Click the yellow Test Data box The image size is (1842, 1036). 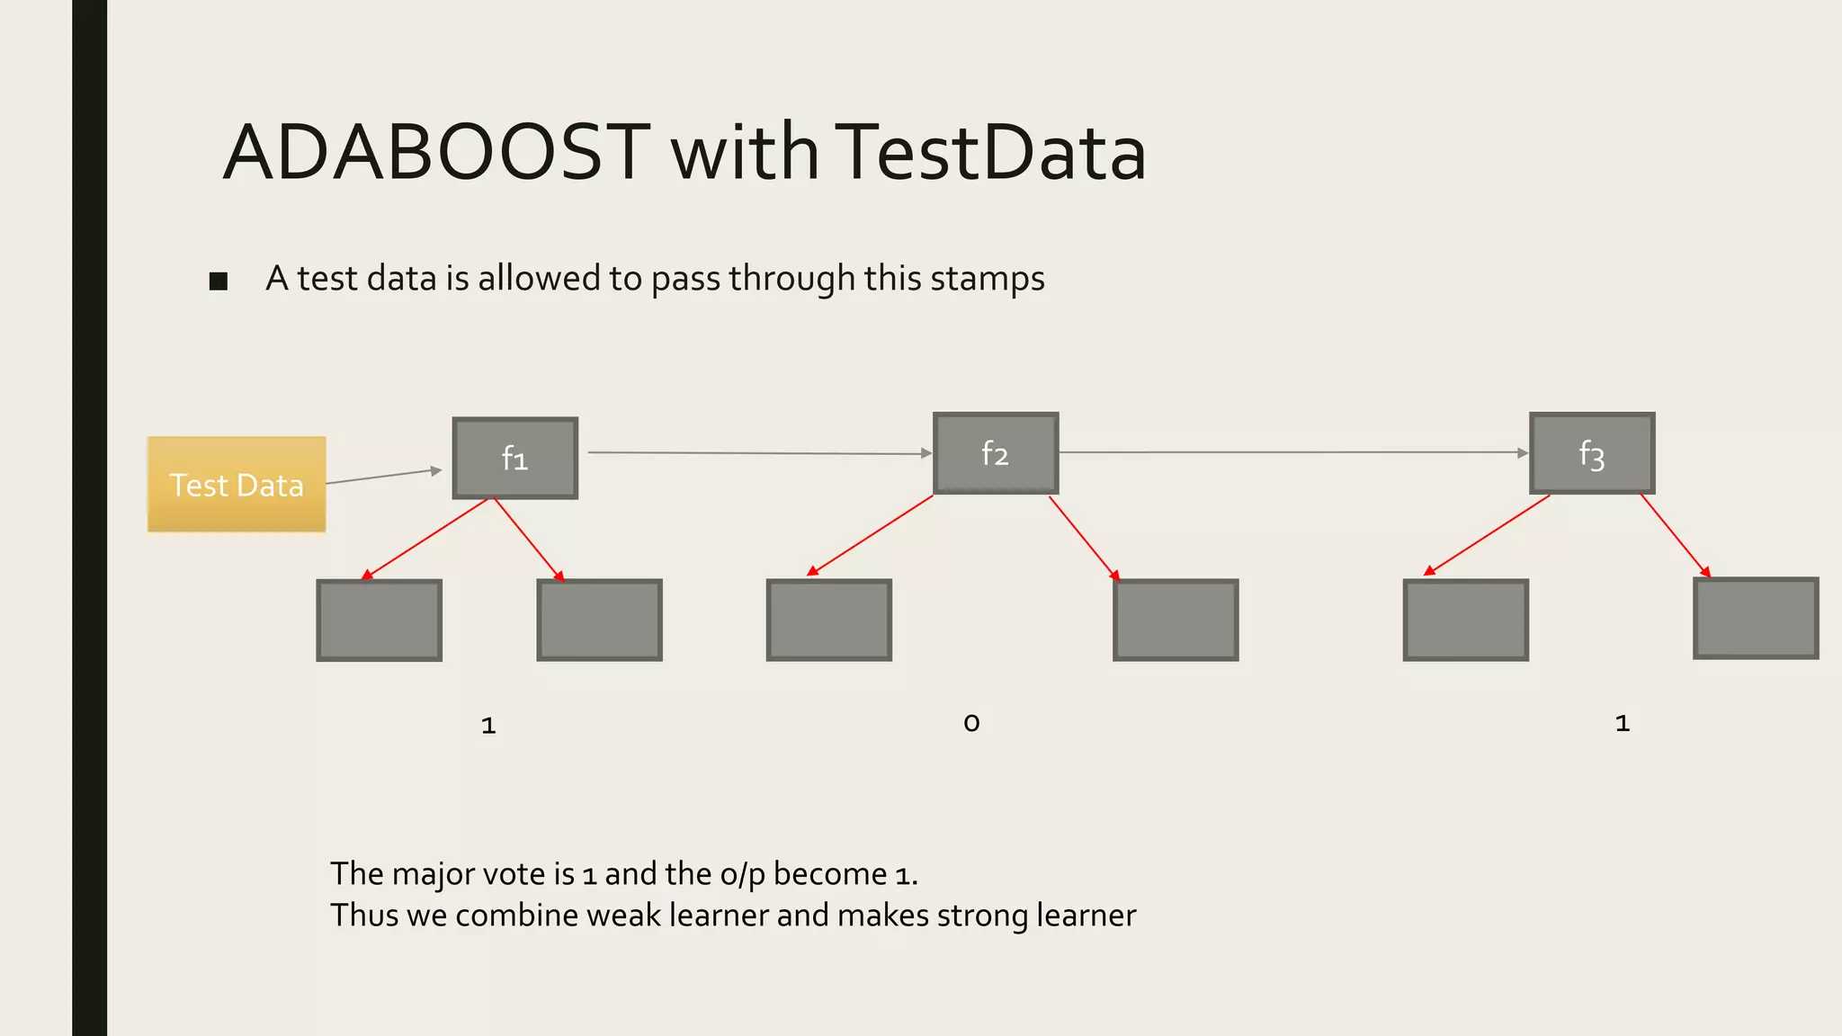(x=237, y=485)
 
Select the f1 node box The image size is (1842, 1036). (x=514, y=458)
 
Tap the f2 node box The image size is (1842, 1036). (x=996, y=453)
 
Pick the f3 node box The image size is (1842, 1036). (x=1592, y=453)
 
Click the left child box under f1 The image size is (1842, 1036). (x=380, y=621)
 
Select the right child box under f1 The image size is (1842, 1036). (x=600, y=621)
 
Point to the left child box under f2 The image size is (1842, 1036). (x=829, y=621)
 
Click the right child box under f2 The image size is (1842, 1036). (x=1176, y=621)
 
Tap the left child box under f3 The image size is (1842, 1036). (x=1466, y=621)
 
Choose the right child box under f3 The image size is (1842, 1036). (x=1756, y=619)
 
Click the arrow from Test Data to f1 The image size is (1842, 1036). (x=383, y=476)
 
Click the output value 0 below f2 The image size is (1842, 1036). (x=971, y=723)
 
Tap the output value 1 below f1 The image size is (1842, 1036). (x=488, y=726)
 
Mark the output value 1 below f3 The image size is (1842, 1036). (x=1623, y=724)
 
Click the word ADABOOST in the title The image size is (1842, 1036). (x=436, y=153)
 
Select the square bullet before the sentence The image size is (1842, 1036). (x=218, y=281)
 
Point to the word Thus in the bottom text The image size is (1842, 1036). (x=364, y=915)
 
